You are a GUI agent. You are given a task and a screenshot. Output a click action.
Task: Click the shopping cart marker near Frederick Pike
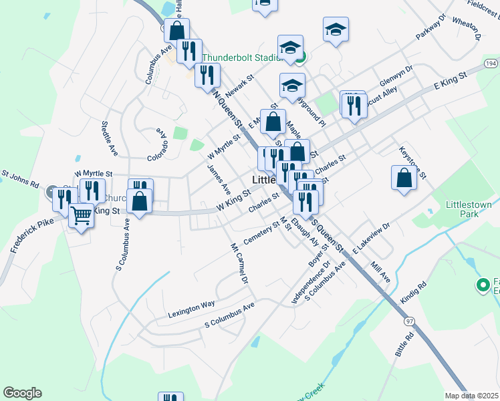82,217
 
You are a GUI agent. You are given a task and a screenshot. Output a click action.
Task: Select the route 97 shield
409,321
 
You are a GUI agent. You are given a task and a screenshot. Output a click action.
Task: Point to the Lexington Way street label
191,303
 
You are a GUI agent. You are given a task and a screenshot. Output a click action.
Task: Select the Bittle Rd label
404,342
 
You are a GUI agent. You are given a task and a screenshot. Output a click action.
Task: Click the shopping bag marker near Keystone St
404,178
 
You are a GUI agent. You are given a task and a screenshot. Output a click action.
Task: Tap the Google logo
22,393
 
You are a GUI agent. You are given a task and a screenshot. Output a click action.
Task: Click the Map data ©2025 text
471,396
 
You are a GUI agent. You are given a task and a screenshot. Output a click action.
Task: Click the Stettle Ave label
108,138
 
